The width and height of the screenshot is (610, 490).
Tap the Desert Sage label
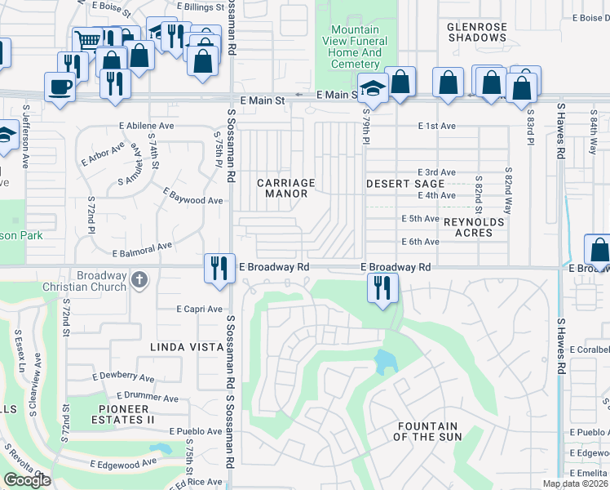click(404, 184)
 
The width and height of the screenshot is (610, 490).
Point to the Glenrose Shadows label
click(477, 32)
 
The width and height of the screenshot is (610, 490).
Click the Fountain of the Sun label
click(429, 432)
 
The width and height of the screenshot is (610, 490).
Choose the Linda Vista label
click(186, 347)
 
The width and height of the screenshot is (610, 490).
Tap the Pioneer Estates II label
click(126, 414)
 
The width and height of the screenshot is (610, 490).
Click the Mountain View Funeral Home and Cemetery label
click(355, 47)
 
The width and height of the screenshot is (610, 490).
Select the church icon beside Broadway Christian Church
click(139, 280)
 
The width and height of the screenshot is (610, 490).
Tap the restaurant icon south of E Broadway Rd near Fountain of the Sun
click(380, 287)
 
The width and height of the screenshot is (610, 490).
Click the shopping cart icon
click(86, 39)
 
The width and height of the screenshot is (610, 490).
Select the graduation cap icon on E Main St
click(372, 86)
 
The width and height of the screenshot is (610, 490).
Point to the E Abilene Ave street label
click(147, 127)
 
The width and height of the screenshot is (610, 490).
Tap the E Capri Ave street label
click(200, 309)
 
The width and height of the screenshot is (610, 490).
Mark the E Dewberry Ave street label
click(123, 377)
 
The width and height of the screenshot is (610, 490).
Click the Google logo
click(28, 480)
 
